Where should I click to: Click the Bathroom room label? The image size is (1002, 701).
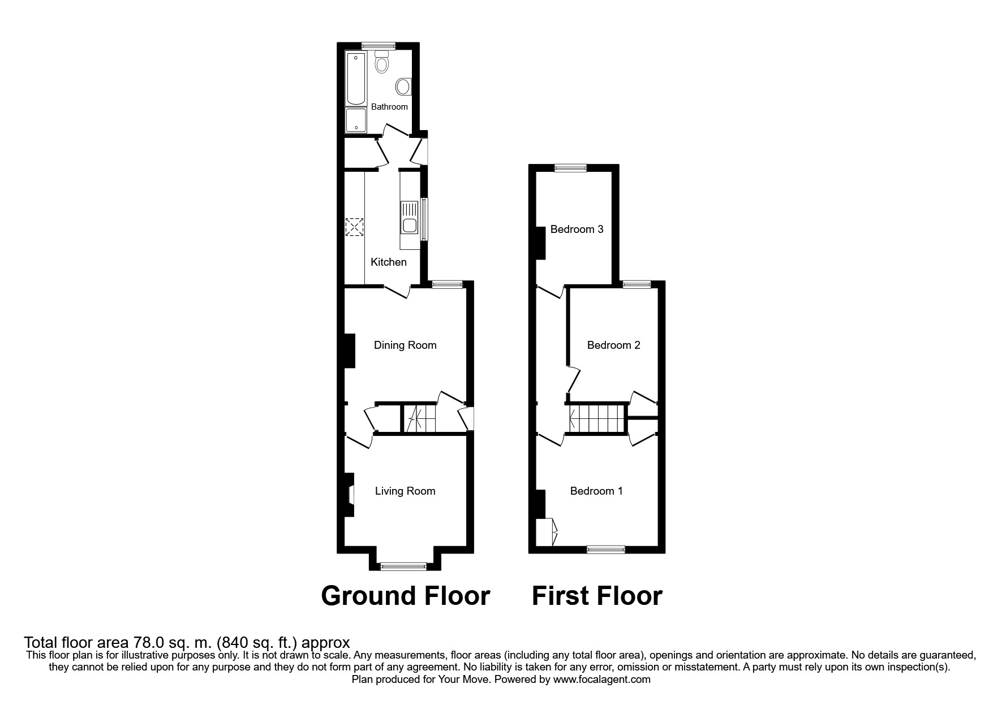389,107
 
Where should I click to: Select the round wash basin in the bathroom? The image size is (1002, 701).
403,86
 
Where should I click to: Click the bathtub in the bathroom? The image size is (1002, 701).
356,79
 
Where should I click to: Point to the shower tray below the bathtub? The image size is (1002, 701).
356,120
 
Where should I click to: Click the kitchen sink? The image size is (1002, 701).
408,218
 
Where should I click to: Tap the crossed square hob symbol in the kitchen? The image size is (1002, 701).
354,227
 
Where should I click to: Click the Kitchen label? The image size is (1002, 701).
388,262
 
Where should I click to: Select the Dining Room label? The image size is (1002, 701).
405,345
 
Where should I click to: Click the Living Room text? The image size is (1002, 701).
405,491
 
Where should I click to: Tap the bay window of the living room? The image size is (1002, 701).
403,565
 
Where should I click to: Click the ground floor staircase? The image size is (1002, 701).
419,419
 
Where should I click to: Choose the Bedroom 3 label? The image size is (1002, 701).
577,230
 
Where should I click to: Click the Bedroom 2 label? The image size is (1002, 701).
613,345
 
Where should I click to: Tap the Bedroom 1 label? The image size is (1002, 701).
596,491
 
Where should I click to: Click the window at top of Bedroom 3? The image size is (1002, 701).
570,167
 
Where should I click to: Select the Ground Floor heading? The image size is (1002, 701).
405,596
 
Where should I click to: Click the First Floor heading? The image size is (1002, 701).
597,596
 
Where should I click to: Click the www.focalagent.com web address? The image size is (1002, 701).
601,680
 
